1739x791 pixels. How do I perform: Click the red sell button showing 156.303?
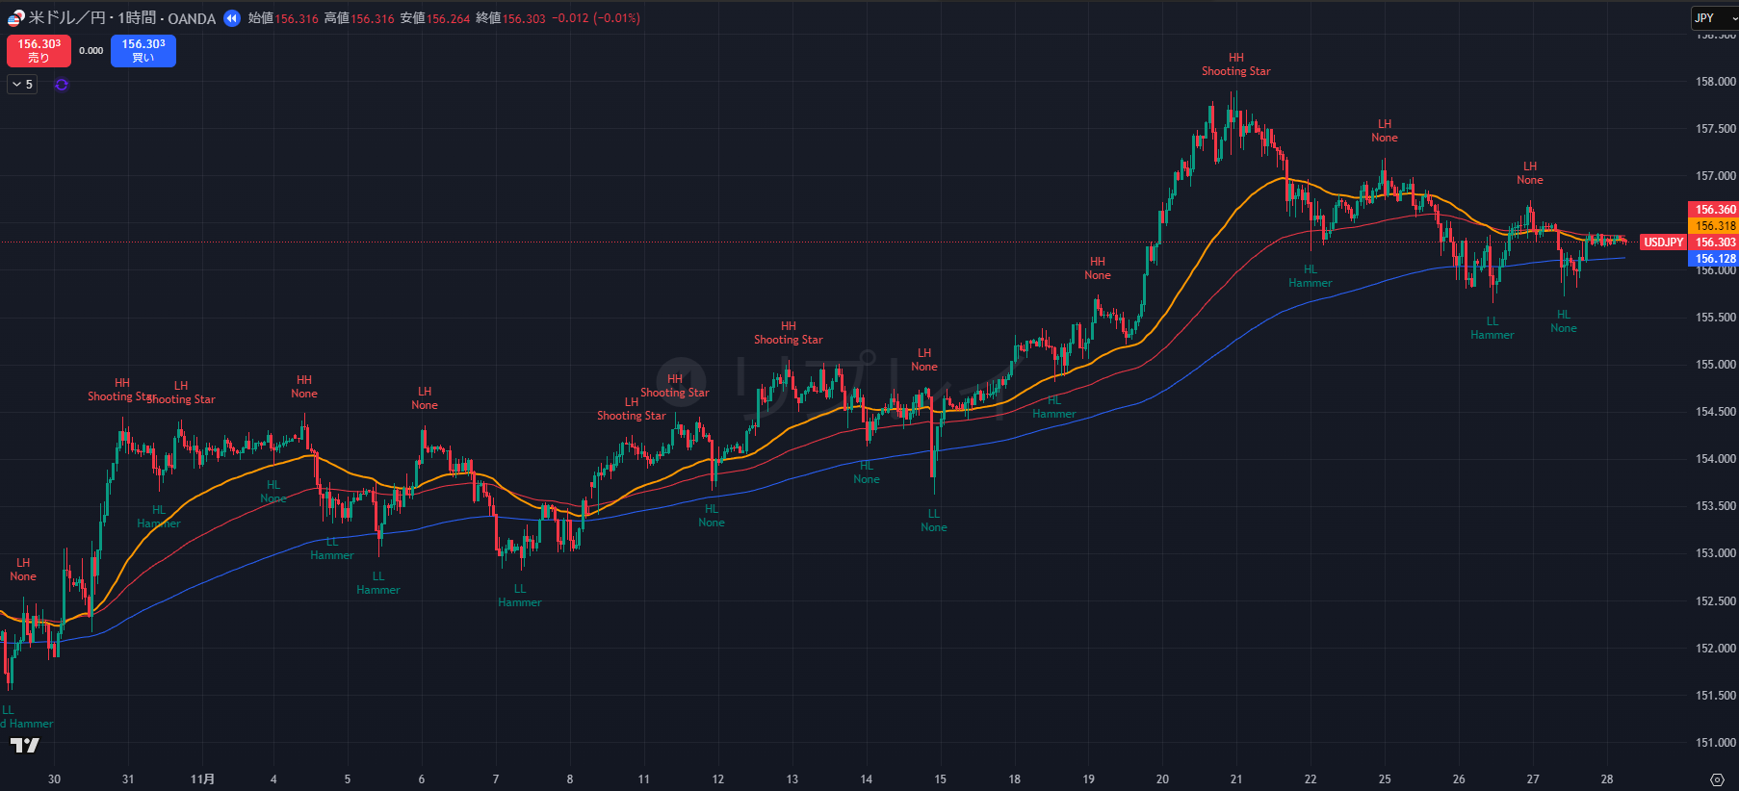click(39, 51)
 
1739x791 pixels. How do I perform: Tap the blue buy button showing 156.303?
click(143, 51)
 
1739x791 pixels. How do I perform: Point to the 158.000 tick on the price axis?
click(1715, 82)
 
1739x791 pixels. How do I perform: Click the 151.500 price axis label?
click(1715, 695)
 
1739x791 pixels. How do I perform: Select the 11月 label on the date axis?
click(202, 779)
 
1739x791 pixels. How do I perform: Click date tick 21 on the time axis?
click(1235, 779)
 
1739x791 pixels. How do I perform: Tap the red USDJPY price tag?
click(1663, 242)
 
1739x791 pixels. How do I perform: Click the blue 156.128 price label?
click(1715, 259)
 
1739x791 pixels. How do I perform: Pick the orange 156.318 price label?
click(1715, 226)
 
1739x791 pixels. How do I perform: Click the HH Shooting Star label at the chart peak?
click(1235, 64)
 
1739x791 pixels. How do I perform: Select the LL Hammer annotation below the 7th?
click(519, 596)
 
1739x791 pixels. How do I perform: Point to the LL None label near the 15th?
click(933, 521)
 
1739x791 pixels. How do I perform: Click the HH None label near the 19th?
click(1097, 268)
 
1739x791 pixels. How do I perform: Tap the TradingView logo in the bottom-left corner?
click(25, 745)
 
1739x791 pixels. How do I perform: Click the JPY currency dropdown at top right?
click(1713, 18)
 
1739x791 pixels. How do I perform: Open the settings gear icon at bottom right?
click(1716, 779)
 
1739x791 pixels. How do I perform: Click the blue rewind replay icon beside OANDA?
click(231, 18)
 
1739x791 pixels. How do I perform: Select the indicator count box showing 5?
click(22, 85)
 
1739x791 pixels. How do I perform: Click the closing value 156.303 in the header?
click(523, 18)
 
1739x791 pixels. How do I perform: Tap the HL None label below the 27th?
click(1563, 321)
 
